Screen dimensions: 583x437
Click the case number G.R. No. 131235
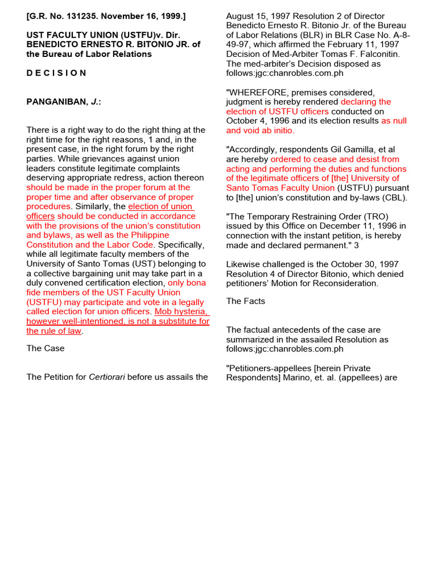click(60, 16)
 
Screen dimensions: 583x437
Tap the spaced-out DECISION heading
click(56, 73)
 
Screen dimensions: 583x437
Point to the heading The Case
click(46, 348)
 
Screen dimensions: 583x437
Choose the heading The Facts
click(246, 301)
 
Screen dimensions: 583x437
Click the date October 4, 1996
click(257, 121)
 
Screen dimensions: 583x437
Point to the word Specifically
click(180, 245)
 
